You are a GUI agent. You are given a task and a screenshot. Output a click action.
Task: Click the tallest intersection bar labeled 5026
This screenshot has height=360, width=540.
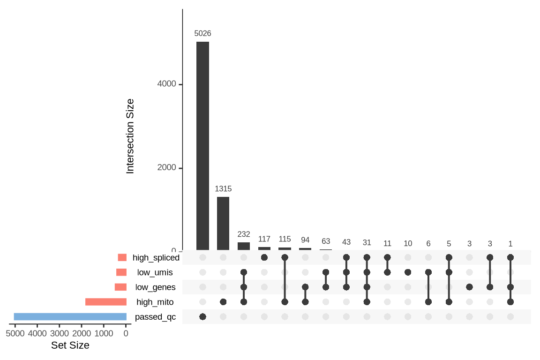pyautogui.click(x=202, y=145)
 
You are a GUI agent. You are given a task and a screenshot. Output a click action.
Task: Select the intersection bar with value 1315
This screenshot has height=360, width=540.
pyautogui.click(x=223, y=223)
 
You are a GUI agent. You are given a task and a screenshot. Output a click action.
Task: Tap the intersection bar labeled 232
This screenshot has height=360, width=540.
pyautogui.click(x=244, y=246)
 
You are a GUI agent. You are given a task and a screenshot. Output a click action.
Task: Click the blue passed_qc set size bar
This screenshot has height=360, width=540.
pyautogui.click(x=70, y=316)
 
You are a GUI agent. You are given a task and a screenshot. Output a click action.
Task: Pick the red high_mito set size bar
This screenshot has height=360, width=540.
pyautogui.click(x=106, y=302)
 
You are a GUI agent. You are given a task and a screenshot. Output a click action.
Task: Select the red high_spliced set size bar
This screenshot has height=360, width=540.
pyautogui.click(x=122, y=257)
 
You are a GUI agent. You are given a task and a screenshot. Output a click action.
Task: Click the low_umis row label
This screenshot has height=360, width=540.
pyautogui.click(x=155, y=272)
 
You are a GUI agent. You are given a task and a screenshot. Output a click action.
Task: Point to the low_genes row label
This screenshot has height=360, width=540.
pyautogui.click(x=155, y=287)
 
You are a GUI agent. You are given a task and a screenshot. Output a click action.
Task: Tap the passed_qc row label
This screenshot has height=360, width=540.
pyautogui.click(x=155, y=317)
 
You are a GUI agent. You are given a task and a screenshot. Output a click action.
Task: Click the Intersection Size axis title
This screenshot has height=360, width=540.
pyautogui.click(x=130, y=136)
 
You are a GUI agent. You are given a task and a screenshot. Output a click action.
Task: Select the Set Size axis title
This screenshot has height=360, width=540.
pyautogui.click(x=70, y=346)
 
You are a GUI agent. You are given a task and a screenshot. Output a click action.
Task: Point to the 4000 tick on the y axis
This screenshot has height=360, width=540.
pyautogui.click(x=166, y=84)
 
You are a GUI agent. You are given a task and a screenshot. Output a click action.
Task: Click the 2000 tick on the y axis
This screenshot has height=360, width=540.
pyautogui.click(x=166, y=168)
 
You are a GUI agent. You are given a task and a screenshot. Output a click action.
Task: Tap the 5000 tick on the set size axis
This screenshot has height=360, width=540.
pyautogui.click(x=15, y=334)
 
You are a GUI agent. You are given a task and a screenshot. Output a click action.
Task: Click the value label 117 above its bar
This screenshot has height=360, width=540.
pyautogui.click(x=264, y=239)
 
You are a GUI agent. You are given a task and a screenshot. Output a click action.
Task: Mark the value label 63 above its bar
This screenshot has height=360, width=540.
pyautogui.click(x=326, y=241)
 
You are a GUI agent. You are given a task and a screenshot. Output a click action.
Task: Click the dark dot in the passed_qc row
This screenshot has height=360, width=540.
pyautogui.click(x=202, y=317)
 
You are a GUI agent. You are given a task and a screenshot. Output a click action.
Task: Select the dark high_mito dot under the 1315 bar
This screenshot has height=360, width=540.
pyautogui.click(x=223, y=302)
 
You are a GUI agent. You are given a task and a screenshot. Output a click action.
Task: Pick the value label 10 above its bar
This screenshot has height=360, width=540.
pyautogui.click(x=408, y=244)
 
